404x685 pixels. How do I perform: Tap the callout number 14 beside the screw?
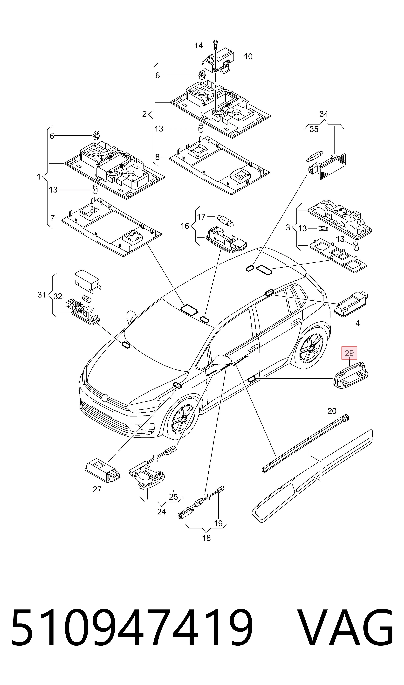coord(199,46)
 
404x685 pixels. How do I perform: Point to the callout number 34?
coord(324,114)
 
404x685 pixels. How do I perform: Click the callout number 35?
coord(314,129)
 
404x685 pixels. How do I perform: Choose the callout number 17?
coord(201,217)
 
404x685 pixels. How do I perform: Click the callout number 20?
coord(332,411)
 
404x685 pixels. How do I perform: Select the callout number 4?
coord(357,323)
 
